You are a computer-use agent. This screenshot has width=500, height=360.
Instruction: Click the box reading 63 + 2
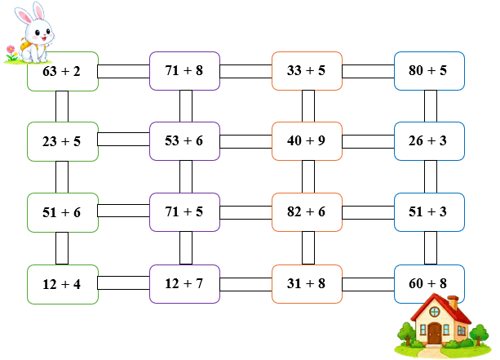point(63,72)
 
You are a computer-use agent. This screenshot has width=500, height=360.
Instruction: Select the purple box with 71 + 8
point(184,71)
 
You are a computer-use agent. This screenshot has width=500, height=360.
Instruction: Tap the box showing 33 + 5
point(307,71)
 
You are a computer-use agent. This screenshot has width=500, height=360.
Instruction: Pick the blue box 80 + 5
point(429,71)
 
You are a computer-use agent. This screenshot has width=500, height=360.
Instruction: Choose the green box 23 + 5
point(63,141)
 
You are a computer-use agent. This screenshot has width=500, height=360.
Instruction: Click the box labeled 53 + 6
point(184,141)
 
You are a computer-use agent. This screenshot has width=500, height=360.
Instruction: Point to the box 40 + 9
point(307,141)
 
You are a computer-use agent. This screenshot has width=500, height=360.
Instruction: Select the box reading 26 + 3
point(429,141)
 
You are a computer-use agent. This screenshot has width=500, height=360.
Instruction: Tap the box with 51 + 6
point(63,212)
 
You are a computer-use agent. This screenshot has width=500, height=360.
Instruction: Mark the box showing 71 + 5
point(184,212)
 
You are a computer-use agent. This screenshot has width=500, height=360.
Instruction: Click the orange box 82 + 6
point(307,212)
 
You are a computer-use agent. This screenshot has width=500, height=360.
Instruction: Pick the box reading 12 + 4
point(63,284)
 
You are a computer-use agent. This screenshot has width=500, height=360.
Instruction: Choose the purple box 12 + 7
point(184,284)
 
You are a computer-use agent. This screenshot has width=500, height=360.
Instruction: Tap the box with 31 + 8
point(307,284)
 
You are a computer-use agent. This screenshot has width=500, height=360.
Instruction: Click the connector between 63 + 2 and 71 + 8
point(124,72)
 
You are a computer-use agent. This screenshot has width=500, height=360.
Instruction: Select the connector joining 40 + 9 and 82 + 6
point(308,177)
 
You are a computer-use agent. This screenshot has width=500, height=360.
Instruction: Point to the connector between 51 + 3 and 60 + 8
point(431,248)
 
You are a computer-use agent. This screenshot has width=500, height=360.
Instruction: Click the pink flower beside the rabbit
point(11,49)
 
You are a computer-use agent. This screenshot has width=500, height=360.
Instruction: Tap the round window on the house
point(434,312)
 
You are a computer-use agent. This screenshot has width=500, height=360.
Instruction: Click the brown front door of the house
point(434,334)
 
